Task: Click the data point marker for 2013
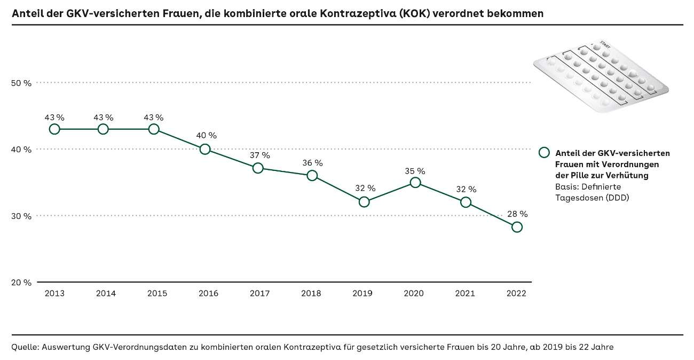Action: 54,129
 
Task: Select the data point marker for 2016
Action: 205,149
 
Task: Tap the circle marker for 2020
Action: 415,183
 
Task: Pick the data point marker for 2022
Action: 517,227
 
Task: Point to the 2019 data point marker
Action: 364,202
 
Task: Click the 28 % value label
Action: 517,214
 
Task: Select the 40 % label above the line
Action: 206,136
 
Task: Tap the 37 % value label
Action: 259,155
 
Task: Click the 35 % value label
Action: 414,171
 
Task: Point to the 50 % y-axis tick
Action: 21,83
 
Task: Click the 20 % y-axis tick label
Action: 21,283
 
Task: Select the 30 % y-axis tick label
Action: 21,216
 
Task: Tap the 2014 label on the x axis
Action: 106,293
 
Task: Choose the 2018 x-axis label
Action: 311,293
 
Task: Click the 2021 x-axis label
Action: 464,293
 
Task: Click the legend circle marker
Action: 544,153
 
